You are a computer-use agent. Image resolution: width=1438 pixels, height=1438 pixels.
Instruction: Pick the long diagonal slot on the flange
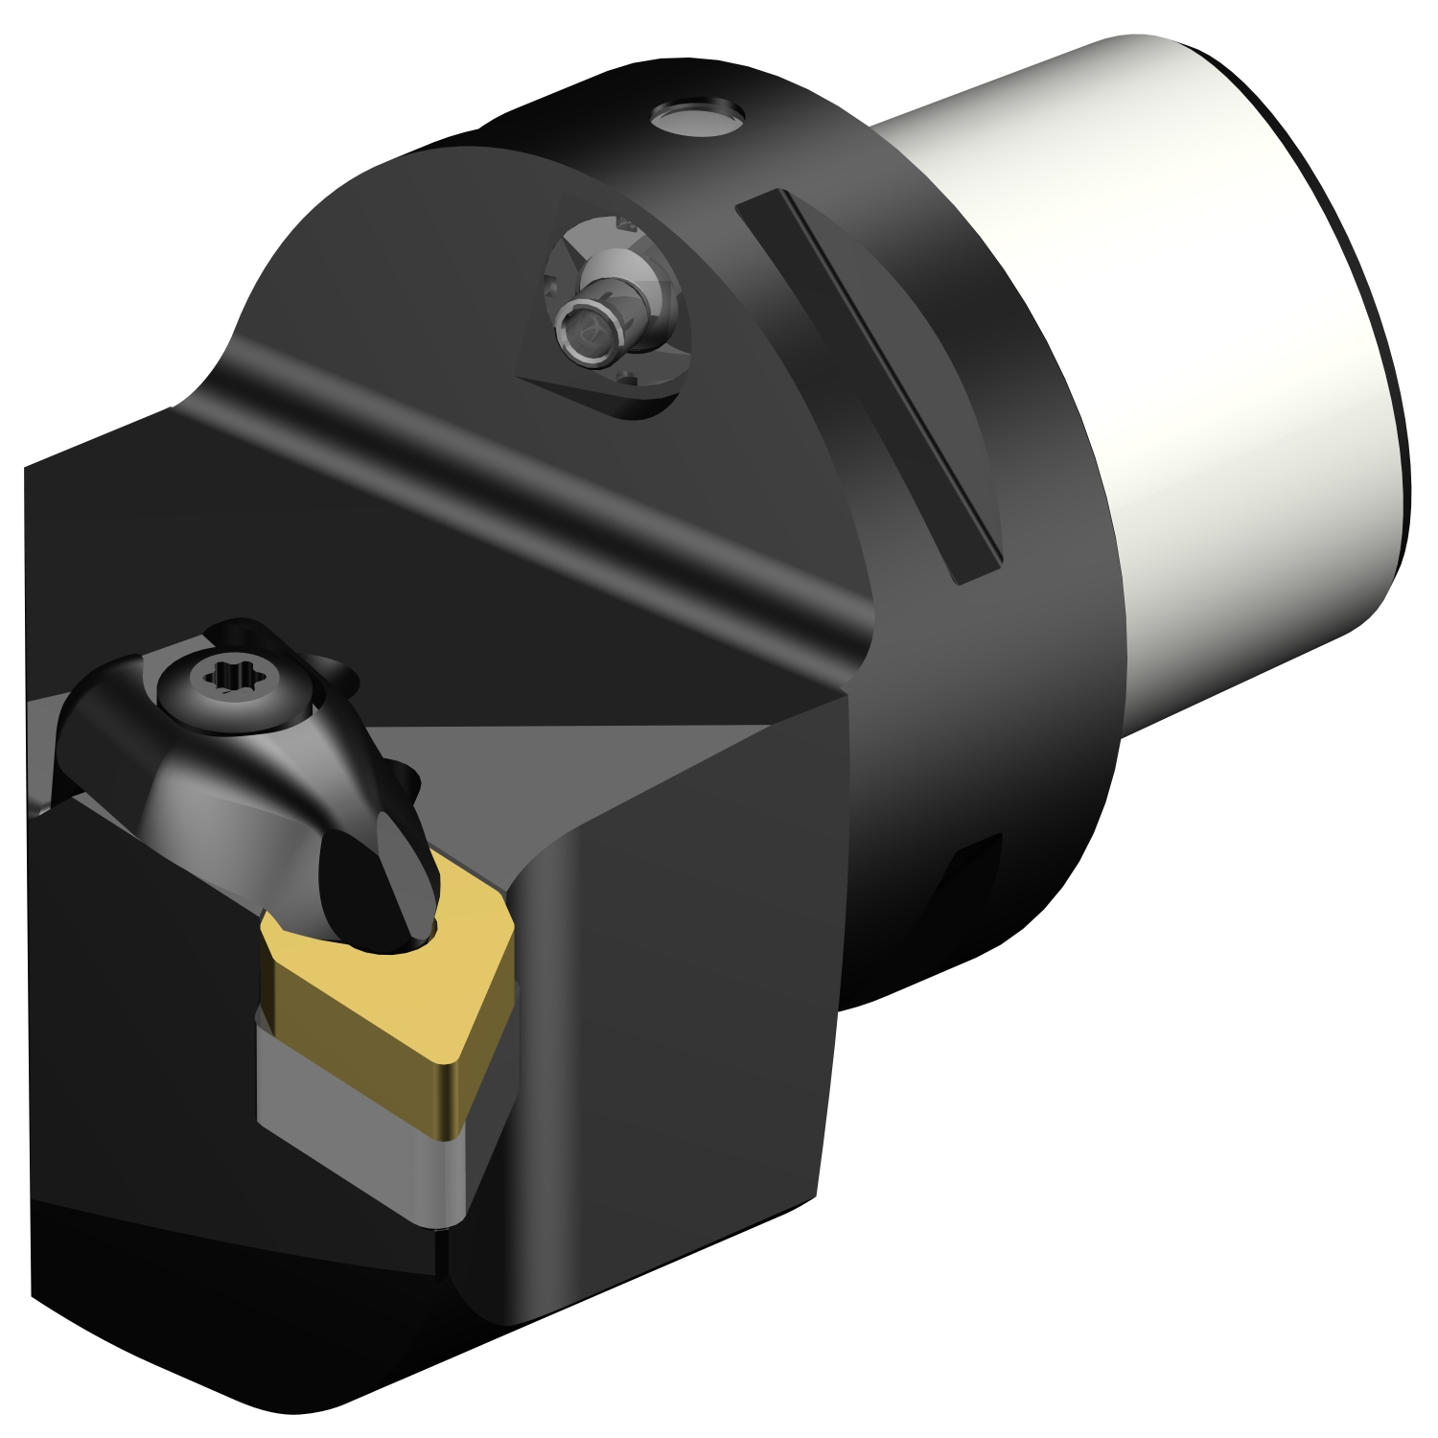point(868,383)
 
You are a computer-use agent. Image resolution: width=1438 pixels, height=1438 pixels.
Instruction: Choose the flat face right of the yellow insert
point(671,1102)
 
